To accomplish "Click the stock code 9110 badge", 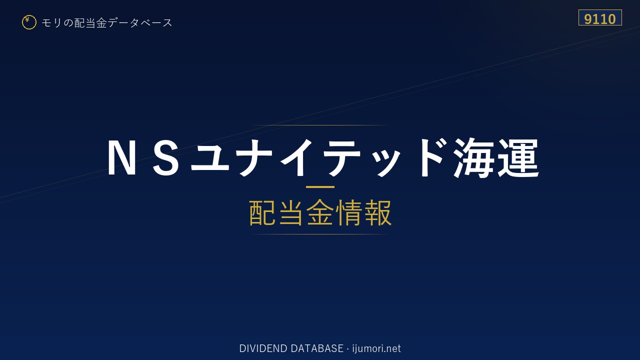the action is [x=600, y=17].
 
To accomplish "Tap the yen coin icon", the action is [x=29, y=22].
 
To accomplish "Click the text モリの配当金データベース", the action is [x=107, y=23].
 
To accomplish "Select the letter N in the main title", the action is [x=121, y=157].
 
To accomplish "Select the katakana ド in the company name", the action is [x=431, y=157].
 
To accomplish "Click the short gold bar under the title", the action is [x=320, y=187].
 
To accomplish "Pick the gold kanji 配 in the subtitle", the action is [x=262, y=213].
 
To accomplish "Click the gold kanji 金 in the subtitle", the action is [x=320, y=213].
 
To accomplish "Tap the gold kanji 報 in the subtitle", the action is [x=377, y=213].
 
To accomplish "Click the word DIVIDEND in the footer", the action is [x=263, y=348].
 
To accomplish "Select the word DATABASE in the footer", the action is [x=317, y=348].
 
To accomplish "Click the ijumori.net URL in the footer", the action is [x=376, y=348].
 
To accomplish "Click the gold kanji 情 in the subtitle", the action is [x=349, y=213].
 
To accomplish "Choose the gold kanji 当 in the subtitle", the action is [x=291, y=213].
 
